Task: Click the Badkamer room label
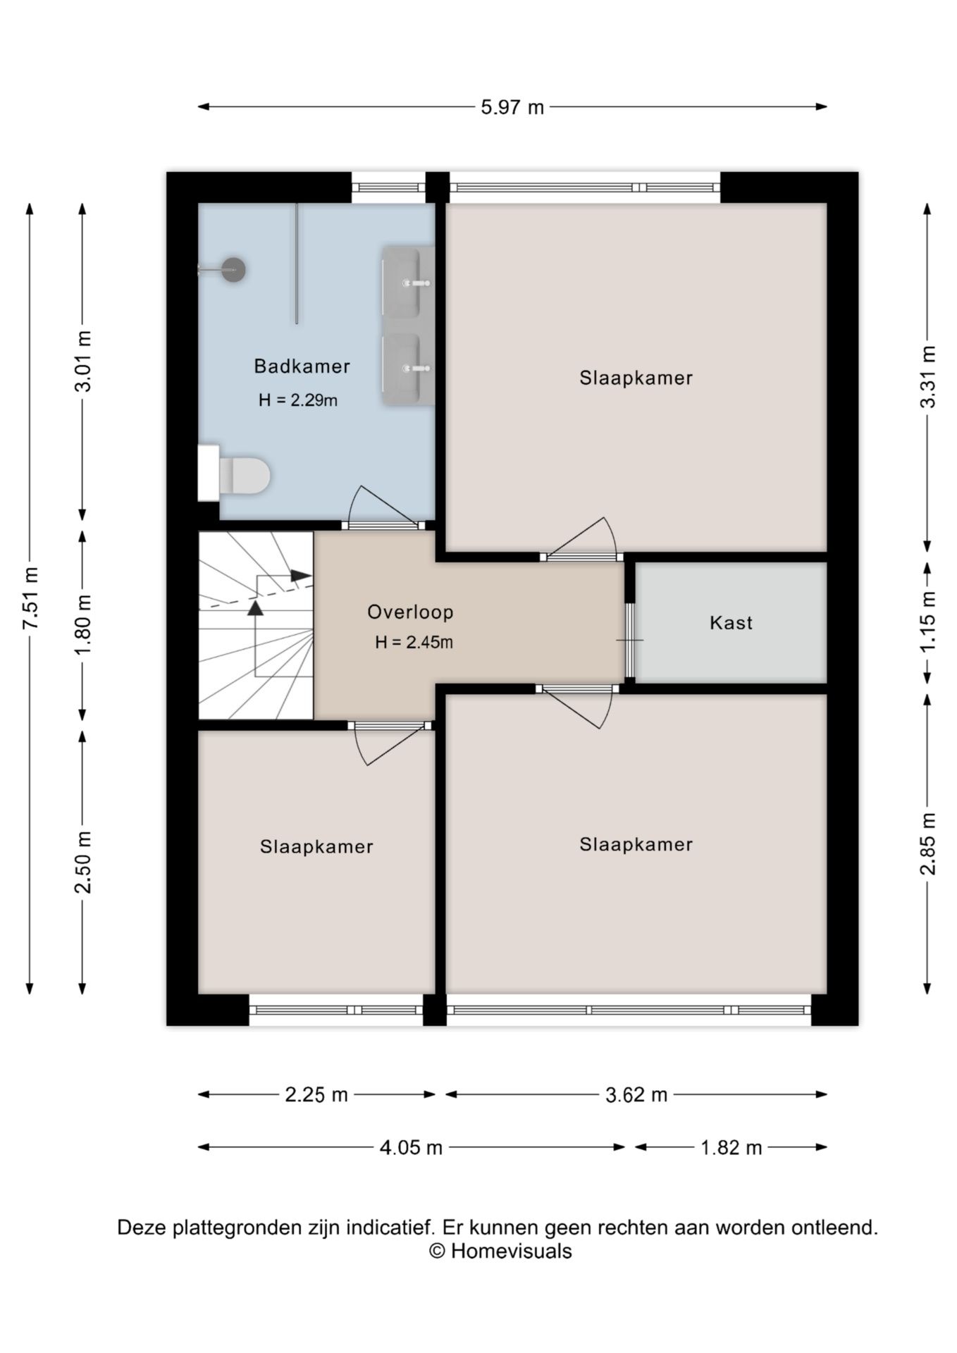pos(302,366)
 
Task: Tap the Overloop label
pos(410,612)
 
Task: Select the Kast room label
pos(731,623)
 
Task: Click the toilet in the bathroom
pos(234,474)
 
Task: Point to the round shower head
pos(233,269)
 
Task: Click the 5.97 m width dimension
pos(512,107)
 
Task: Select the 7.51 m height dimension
pos(30,598)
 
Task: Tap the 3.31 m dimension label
pos(928,377)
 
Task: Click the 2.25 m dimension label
pos(316,1094)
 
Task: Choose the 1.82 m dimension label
pos(731,1148)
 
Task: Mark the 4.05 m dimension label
pos(411,1148)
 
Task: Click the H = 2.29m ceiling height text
pos(297,400)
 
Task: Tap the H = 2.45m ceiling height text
pos(414,642)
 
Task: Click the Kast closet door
pos(630,640)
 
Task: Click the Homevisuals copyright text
pos(500,1251)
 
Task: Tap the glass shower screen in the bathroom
pos(297,264)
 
